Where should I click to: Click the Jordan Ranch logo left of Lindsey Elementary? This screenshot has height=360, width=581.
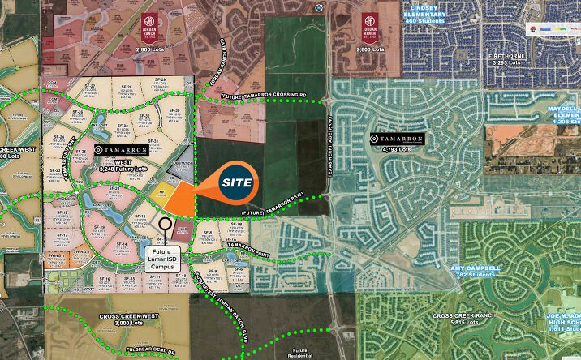click(370, 24)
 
